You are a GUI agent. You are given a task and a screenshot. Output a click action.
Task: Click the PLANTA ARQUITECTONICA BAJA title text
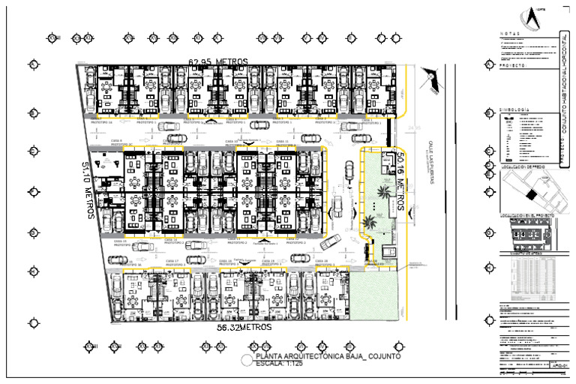click(x=328, y=356)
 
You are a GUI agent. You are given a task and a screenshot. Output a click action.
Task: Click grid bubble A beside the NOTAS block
click(x=489, y=64)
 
